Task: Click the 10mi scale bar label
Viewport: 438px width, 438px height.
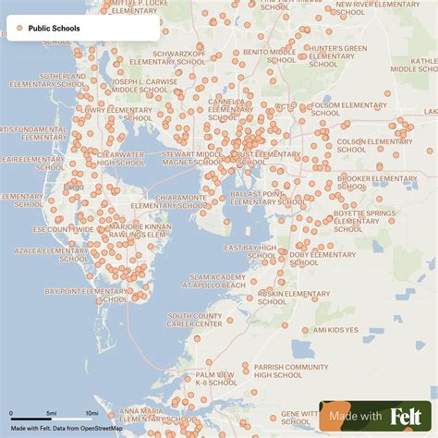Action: (x=92, y=412)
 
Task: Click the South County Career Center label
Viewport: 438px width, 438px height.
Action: (x=194, y=320)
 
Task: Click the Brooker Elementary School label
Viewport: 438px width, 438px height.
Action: (x=377, y=182)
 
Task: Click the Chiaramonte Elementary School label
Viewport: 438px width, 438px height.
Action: (x=166, y=201)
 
